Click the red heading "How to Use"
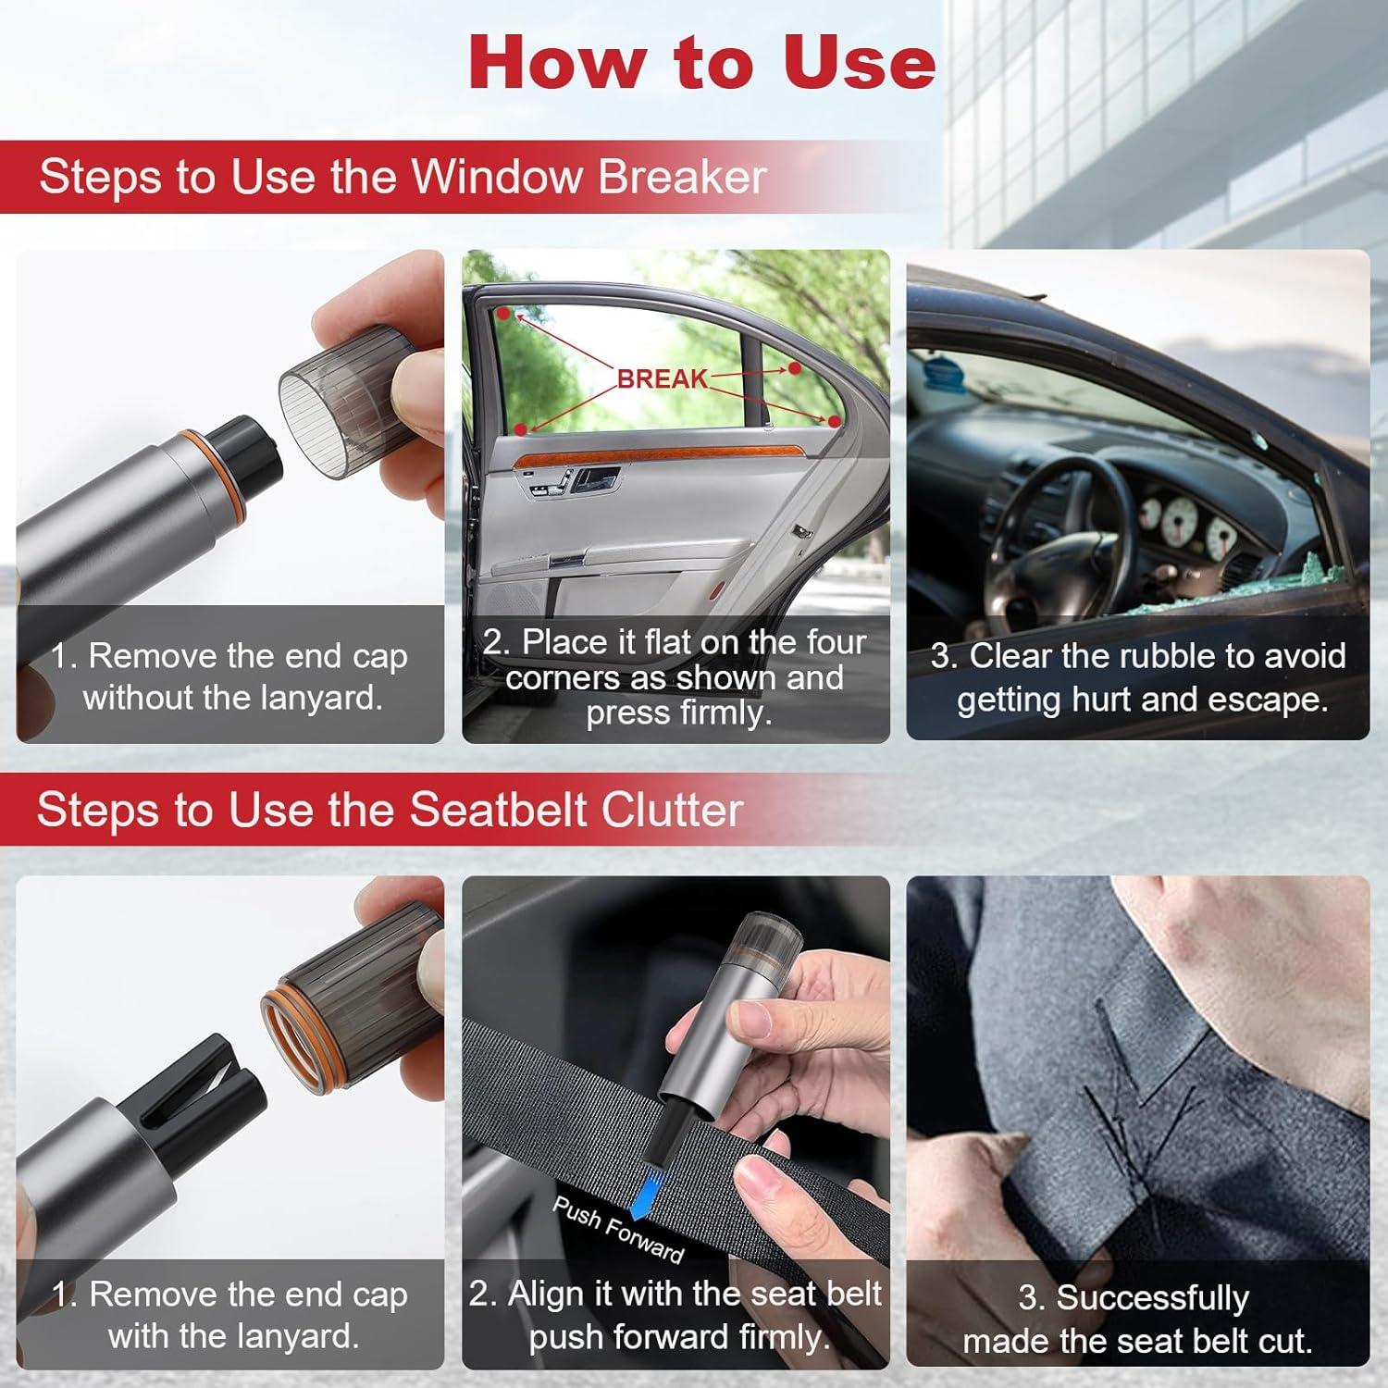coord(702,61)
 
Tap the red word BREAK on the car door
coord(662,378)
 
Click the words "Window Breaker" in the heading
coord(589,176)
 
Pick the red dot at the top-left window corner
coord(502,314)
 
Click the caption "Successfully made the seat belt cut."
coord(1137,1320)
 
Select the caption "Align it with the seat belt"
coord(675,1293)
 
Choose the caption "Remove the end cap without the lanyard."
coord(229,676)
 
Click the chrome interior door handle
coord(593,479)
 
